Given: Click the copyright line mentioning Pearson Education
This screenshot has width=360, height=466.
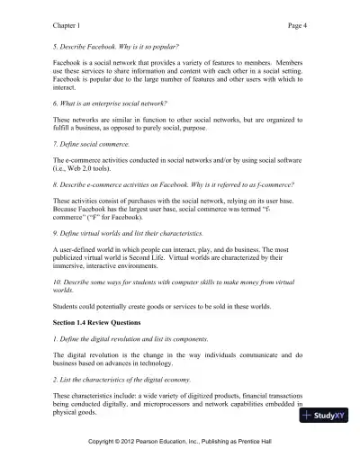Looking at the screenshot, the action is click(x=181, y=447).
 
